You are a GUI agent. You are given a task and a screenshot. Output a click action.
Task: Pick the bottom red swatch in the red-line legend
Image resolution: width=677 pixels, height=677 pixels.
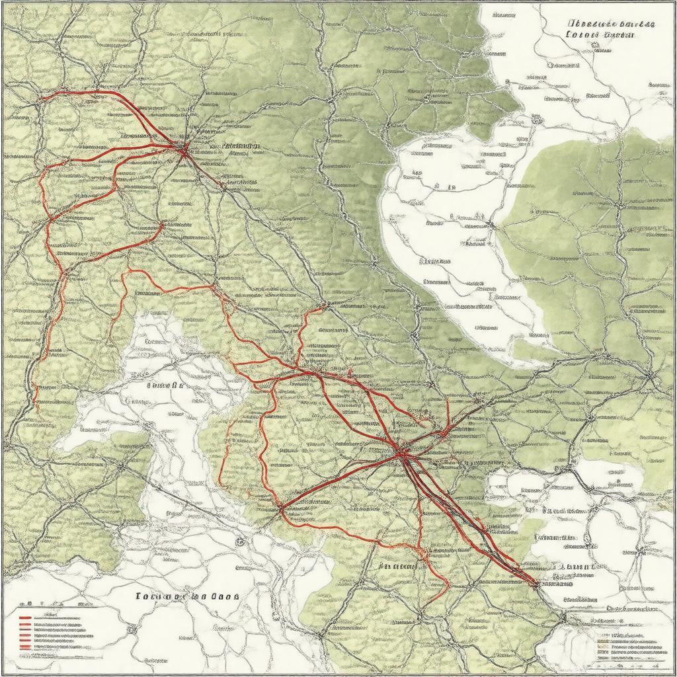click(x=25, y=646)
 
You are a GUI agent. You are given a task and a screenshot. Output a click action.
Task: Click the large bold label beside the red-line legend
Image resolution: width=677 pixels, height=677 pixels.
click(x=187, y=596)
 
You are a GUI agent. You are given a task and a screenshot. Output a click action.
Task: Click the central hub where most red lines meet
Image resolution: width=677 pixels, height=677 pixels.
click(x=401, y=452)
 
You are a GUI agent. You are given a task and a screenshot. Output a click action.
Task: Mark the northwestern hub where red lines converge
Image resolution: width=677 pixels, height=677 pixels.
click(x=183, y=149)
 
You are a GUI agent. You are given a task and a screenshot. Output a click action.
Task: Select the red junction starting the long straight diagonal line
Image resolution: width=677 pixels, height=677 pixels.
click(x=281, y=509)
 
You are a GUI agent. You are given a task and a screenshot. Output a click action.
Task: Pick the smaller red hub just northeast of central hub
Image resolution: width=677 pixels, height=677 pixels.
click(x=443, y=433)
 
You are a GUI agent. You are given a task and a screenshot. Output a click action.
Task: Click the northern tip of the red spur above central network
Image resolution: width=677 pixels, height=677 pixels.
click(x=325, y=305)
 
